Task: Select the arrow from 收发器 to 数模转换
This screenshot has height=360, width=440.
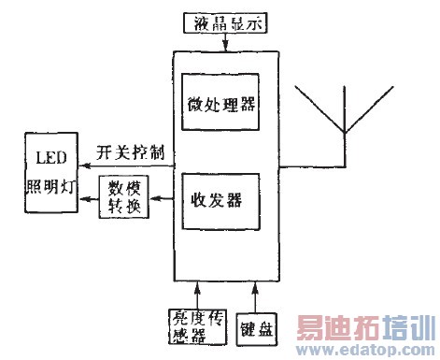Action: coord(160,198)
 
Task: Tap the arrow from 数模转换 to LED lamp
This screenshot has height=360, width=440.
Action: coord(87,198)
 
